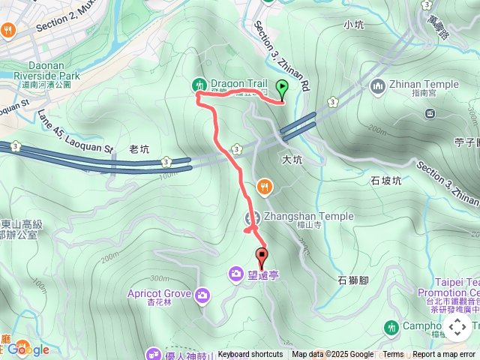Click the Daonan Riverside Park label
click(47, 70)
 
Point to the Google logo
click(28, 349)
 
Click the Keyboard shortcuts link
click(250, 355)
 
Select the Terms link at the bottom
click(393, 355)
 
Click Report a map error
click(445, 355)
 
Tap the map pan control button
click(457, 327)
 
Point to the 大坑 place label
click(291, 160)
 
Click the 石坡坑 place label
click(386, 181)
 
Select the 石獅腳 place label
click(352, 280)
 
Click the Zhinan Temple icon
click(377, 85)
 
